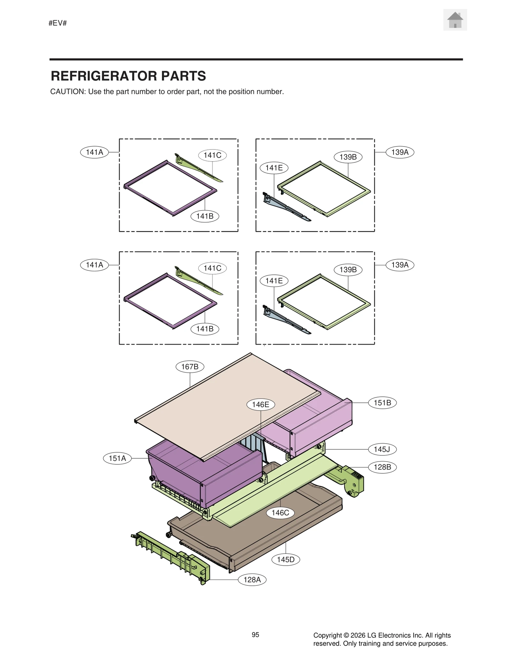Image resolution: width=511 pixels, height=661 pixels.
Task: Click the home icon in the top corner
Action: click(x=455, y=20)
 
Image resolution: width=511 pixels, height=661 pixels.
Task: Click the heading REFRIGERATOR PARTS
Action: click(x=128, y=76)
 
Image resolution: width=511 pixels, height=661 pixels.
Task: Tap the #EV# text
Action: click(x=57, y=23)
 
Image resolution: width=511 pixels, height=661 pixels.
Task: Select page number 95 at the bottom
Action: click(x=255, y=635)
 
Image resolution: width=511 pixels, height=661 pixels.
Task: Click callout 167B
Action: click(x=190, y=366)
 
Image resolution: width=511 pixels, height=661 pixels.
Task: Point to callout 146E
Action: click(x=261, y=404)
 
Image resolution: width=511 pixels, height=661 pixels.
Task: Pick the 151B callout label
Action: click(x=382, y=402)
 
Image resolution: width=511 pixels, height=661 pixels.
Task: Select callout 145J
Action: click(x=382, y=449)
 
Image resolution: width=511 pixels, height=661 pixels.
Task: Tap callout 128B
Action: click(x=382, y=467)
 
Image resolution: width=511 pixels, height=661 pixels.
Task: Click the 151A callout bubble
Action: click(x=117, y=458)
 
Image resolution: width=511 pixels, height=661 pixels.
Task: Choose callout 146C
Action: click(x=280, y=513)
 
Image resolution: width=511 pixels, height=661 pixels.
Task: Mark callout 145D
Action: click(x=286, y=559)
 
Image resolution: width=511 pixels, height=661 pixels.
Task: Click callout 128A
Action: click(x=252, y=579)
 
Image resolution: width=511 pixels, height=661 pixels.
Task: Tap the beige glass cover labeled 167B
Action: click(x=224, y=405)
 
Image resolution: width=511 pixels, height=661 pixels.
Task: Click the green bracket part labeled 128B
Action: click(x=351, y=482)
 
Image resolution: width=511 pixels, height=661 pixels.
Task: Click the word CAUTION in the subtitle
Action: click(x=67, y=92)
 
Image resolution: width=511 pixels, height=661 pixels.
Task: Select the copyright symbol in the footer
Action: click(x=346, y=635)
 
